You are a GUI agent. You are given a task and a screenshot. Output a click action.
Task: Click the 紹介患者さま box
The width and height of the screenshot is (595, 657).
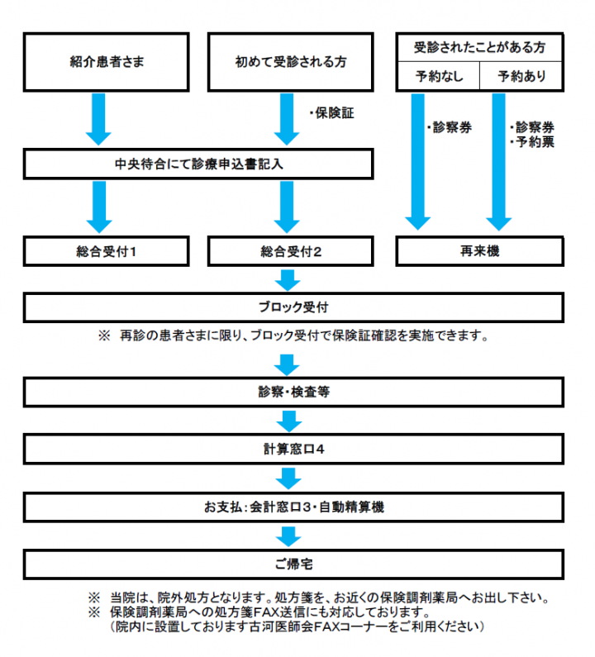click(x=106, y=62)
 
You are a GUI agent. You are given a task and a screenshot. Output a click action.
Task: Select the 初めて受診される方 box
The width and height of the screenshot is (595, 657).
click(x=290, y=62)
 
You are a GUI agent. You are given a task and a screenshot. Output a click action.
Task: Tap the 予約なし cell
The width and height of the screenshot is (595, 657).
click(x=438, y=76)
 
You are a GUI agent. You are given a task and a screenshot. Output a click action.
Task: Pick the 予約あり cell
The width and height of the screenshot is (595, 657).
click(x=521, y=76)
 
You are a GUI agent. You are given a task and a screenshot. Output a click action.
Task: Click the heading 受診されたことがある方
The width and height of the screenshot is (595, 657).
click(x=480, y=47)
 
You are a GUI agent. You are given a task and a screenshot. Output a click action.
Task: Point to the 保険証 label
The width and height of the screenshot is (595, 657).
click(x=332, y=113)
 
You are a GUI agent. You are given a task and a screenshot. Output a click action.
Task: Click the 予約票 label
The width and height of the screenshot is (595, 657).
click(x=532, y=142)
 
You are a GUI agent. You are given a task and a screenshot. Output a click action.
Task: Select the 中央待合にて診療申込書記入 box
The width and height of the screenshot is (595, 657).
click(x=198, y=164)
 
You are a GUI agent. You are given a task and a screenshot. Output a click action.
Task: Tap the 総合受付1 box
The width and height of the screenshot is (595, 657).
click(x=106, y=251)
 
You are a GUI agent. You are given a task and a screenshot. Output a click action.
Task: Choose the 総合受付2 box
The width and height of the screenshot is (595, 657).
click(x=290, y=251)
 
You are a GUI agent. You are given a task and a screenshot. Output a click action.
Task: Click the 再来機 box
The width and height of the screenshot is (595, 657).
click(x=480, y=251)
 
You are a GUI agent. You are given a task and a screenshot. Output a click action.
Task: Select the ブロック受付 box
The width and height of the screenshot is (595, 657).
click(x=293, y=307)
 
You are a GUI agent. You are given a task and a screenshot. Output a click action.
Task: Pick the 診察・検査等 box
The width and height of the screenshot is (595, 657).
click(x=293, y=393)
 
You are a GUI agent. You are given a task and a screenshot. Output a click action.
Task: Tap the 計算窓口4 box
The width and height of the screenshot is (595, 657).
click(x=293, y=450)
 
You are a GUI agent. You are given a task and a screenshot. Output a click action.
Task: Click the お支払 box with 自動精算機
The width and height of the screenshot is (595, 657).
click(x=293, y=507)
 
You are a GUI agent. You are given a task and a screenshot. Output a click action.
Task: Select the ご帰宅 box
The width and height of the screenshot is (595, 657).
click(x=293, y=564)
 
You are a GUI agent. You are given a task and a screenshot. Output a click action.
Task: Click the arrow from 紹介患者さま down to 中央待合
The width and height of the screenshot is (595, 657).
click(x=98, y=119)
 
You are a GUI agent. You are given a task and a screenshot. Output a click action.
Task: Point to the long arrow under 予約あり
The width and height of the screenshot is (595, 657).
click(x=498, y=162)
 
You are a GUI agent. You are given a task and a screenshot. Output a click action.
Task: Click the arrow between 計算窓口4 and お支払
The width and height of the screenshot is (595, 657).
click(x=288, y=478)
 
